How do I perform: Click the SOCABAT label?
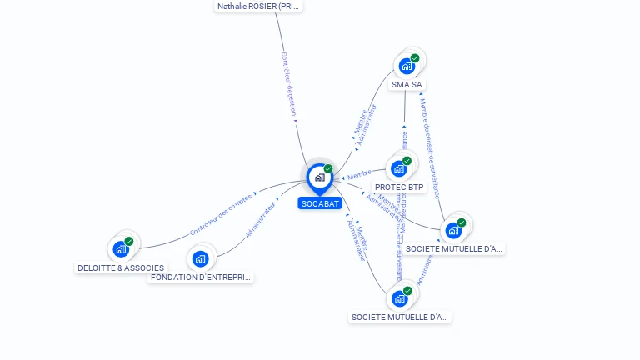(320, 203)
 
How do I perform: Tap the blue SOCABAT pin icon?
(319, 177)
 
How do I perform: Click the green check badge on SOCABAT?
(328, 169)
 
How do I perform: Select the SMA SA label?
(407, 85)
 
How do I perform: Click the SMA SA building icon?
(407, 66)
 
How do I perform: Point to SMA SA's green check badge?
(415, 58)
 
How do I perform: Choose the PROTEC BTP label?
(399, 187)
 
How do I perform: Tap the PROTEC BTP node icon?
(398, 168)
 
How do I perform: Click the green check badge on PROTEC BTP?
(407, 161)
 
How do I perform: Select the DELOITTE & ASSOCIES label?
(121, 268)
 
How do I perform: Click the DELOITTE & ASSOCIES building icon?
(121, 248)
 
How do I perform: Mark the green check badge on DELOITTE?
(129, 241)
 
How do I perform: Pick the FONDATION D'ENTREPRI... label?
(200, 277)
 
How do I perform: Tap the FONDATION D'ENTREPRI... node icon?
(200, 258)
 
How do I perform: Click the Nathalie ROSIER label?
(258, 7)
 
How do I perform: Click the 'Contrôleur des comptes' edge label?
(221, 214)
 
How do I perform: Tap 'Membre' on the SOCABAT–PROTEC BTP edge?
(359, 174)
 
